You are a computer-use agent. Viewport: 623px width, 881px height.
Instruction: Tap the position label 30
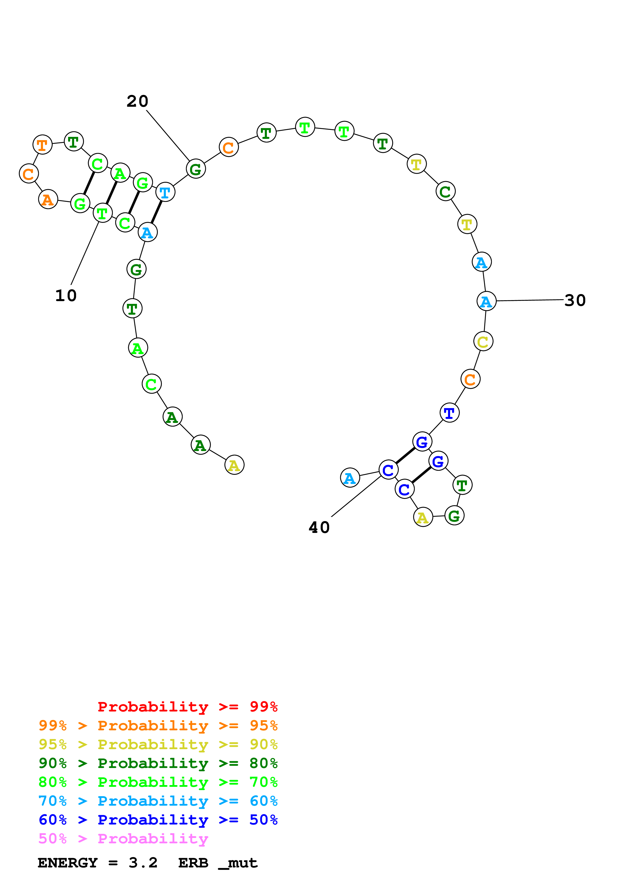(x=575, y=300)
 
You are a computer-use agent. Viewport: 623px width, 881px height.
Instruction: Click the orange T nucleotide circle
(x=42, y=145)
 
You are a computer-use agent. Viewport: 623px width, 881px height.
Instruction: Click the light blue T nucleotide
(x=165, y=192)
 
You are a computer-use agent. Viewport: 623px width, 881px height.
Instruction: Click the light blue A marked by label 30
(x=486, y=301)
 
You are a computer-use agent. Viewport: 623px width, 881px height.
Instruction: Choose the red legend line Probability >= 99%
(x=187, y=707)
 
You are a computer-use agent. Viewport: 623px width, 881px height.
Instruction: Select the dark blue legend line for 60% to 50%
(x=158, y=820)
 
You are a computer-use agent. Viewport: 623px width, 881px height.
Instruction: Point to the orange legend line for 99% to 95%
(x=158, y=726)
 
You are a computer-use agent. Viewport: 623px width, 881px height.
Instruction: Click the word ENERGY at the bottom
(x=68, y=863)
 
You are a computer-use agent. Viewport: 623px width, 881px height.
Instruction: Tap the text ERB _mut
(x=218, y=863)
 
